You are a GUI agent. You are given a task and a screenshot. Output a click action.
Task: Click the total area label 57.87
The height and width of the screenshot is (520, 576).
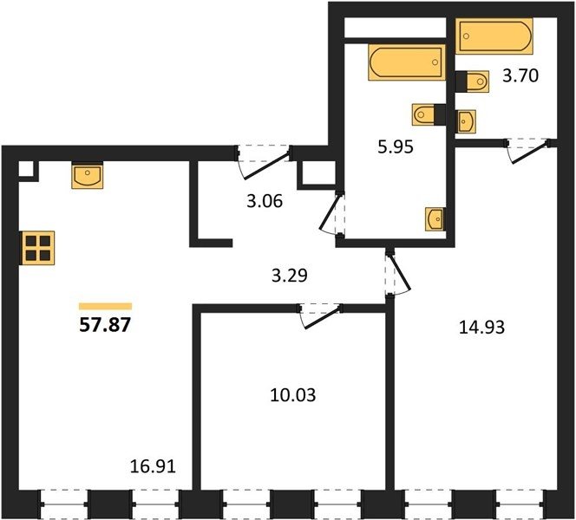click(105, 325)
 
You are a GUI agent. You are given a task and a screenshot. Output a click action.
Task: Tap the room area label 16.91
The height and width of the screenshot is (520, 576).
click(154, 466)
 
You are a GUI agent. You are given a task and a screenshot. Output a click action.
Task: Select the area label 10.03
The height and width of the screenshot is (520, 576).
click(293, 395)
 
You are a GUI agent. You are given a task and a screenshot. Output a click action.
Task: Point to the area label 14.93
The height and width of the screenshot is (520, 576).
click(482, 327)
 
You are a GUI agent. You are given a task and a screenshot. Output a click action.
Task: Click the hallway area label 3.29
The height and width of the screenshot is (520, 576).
click(290, 276)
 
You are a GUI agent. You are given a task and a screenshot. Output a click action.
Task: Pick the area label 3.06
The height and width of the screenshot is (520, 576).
click(265, 201)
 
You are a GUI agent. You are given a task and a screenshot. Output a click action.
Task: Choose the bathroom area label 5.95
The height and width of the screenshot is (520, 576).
click(396, 146)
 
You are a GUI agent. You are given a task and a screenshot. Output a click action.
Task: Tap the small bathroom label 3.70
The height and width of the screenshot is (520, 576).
click(520, 75)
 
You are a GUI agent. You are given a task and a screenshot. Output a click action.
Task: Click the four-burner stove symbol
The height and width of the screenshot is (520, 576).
click(38, 248)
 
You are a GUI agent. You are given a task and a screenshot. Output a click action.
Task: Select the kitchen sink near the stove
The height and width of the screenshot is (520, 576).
click(87, 175)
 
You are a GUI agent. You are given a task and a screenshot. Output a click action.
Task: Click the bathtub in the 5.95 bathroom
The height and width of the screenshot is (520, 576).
click(407, 62)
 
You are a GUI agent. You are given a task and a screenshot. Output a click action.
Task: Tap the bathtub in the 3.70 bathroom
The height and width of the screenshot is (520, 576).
click(494, 36)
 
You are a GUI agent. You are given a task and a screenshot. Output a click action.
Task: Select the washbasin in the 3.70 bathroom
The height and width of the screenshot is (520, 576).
click(467, 121)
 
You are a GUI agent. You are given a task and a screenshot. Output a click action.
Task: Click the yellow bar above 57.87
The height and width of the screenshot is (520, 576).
click(106, 307)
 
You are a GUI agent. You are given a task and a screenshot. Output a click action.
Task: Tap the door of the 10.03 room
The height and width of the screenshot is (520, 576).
click(319, 316)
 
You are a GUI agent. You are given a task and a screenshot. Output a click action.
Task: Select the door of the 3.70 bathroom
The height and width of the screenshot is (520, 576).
click(527, 150)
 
